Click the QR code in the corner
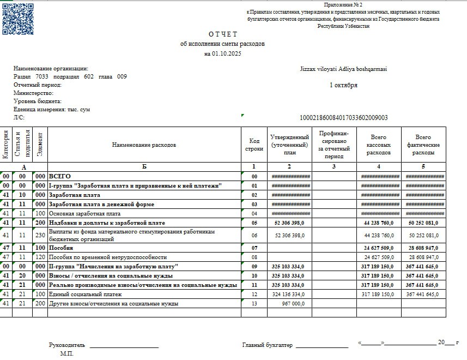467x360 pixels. coord(18,18)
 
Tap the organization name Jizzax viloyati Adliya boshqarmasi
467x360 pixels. coord(343,69)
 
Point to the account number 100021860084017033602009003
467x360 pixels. coord(344,117)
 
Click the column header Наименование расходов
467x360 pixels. coord(144,145)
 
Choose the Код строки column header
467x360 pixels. coord(254,145)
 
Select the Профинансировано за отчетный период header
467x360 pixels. coord(334,145)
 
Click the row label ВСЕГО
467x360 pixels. coord(60,177)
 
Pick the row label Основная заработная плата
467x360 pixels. coord(84,213)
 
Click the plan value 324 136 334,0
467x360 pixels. coord(289,294)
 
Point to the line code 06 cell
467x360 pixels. coord(254,235)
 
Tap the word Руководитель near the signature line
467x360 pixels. coord(67,345)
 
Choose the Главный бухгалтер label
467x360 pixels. coord(267,345)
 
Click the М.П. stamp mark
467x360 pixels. coord(66,353)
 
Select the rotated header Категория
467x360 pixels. coord(6,145)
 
